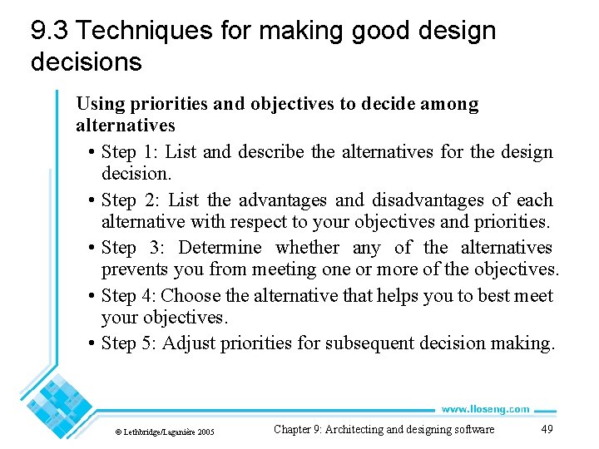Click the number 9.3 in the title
(x=49, y=32)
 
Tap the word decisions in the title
(x=86, y=62)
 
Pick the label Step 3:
(x=131, y=248)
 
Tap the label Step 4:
(x=129, y=296)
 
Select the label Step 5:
(x=129, y=343)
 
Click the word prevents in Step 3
(x=133, y=269)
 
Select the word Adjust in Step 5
(x=188, y=343)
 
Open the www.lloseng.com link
(x=485, y=408)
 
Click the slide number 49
(x=547, y=429)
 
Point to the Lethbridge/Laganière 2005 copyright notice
(x=164, y=432)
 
